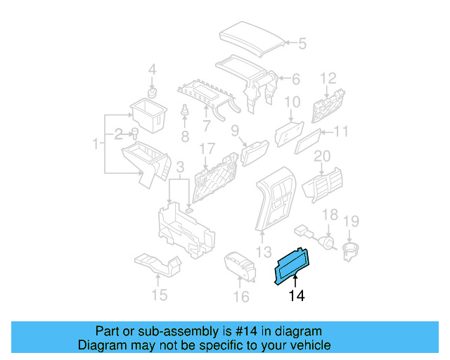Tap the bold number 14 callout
tap(297, 297)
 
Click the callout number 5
tap(302, 44)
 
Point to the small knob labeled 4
tap(152, 92)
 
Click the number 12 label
tap(329, 77)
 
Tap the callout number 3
tap(180, 167)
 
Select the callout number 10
tap(292, 102)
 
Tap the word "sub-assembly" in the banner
tap(176, 331)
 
